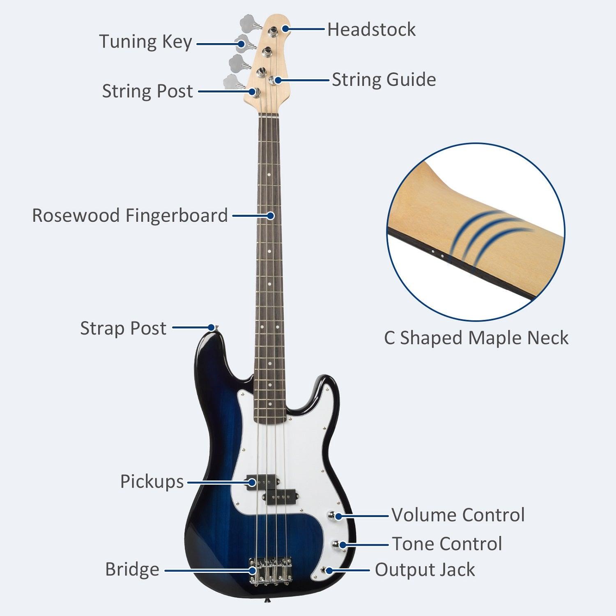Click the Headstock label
(x=371, y=30)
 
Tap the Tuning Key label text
(x=145, y=42)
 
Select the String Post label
(x=147, y=91)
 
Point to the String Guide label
(x=384, y=80)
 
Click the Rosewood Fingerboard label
(x=130, y=215)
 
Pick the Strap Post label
(x=123, y=328)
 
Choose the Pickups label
(x=152, y=481)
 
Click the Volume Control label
(x=458, y=515)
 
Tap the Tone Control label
(x=447, y=544)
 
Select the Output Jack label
(x=425, y=570)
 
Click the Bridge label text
(x=132, y=570)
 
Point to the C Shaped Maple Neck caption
(x=476, y=338)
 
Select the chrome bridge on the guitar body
(x=270, y=570)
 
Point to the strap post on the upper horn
(x=212, y=327)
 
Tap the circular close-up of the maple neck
(x=476, y=232)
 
